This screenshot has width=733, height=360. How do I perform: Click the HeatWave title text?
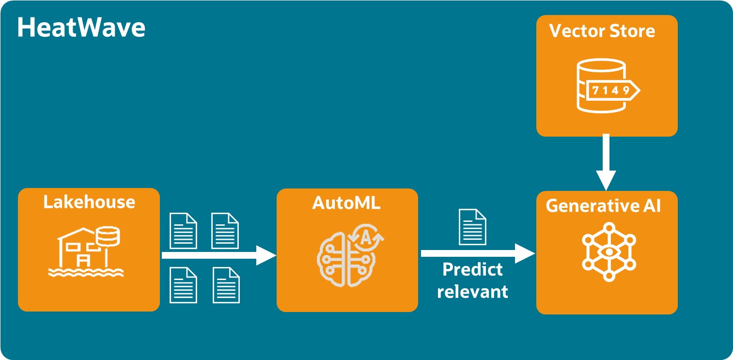81,28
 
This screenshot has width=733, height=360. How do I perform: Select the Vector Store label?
602,31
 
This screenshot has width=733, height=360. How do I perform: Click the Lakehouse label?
89,202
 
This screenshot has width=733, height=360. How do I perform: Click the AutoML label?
346,203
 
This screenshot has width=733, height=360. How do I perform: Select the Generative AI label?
603,205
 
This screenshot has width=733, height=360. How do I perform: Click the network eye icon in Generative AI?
608,251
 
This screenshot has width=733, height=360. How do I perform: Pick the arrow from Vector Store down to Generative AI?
606,163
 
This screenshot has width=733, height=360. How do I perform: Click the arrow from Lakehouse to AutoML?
218,255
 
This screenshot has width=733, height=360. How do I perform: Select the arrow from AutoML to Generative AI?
477,253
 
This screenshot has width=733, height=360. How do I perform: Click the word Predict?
472,269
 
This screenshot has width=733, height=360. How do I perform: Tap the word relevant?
472,292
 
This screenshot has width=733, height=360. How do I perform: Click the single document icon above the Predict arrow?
472,227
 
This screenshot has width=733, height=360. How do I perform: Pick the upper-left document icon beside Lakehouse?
183,230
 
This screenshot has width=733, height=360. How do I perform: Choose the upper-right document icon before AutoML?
225,230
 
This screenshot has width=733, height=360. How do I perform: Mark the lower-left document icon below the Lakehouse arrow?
183,285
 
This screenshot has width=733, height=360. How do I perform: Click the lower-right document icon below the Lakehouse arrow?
226,285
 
